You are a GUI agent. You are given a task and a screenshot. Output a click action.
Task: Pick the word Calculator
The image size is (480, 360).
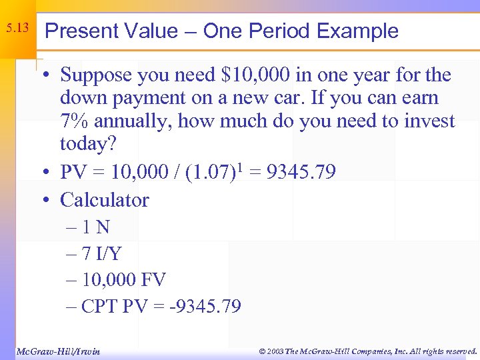[x=104, y=200]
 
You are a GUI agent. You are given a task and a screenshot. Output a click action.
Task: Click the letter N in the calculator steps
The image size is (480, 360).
[x=102, y=227]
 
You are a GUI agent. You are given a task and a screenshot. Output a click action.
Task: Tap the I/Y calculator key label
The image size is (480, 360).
[x=107, y=254]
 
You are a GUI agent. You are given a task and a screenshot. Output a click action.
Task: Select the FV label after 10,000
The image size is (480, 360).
[x=153, y=280]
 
